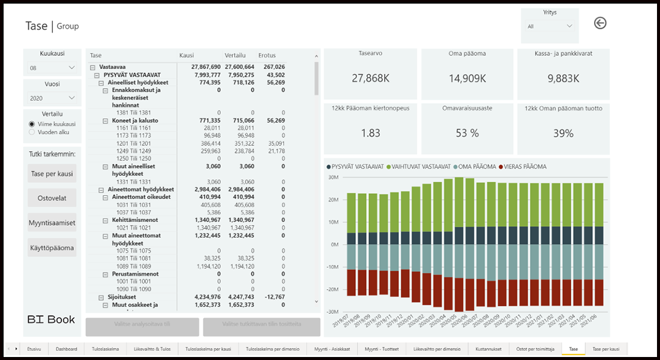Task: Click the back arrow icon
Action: [x=600, y=23]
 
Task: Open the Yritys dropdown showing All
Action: [x=550, y=26]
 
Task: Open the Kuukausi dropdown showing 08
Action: [x=52, y=68]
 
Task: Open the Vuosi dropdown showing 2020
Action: [x=52, y=98]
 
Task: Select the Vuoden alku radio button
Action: [x=32, y=131]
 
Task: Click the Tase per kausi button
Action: [x=52, y=175]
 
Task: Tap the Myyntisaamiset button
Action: [x=52, y=223]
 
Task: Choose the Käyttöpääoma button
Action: [x=52, y=247]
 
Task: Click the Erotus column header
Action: [x=267, y=55]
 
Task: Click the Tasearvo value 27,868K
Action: [x=371, y=78]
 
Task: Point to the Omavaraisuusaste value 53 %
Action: [x=467, y=133]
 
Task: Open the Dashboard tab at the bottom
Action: [x=66, y=349]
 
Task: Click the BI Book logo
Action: [x=52, y=319]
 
